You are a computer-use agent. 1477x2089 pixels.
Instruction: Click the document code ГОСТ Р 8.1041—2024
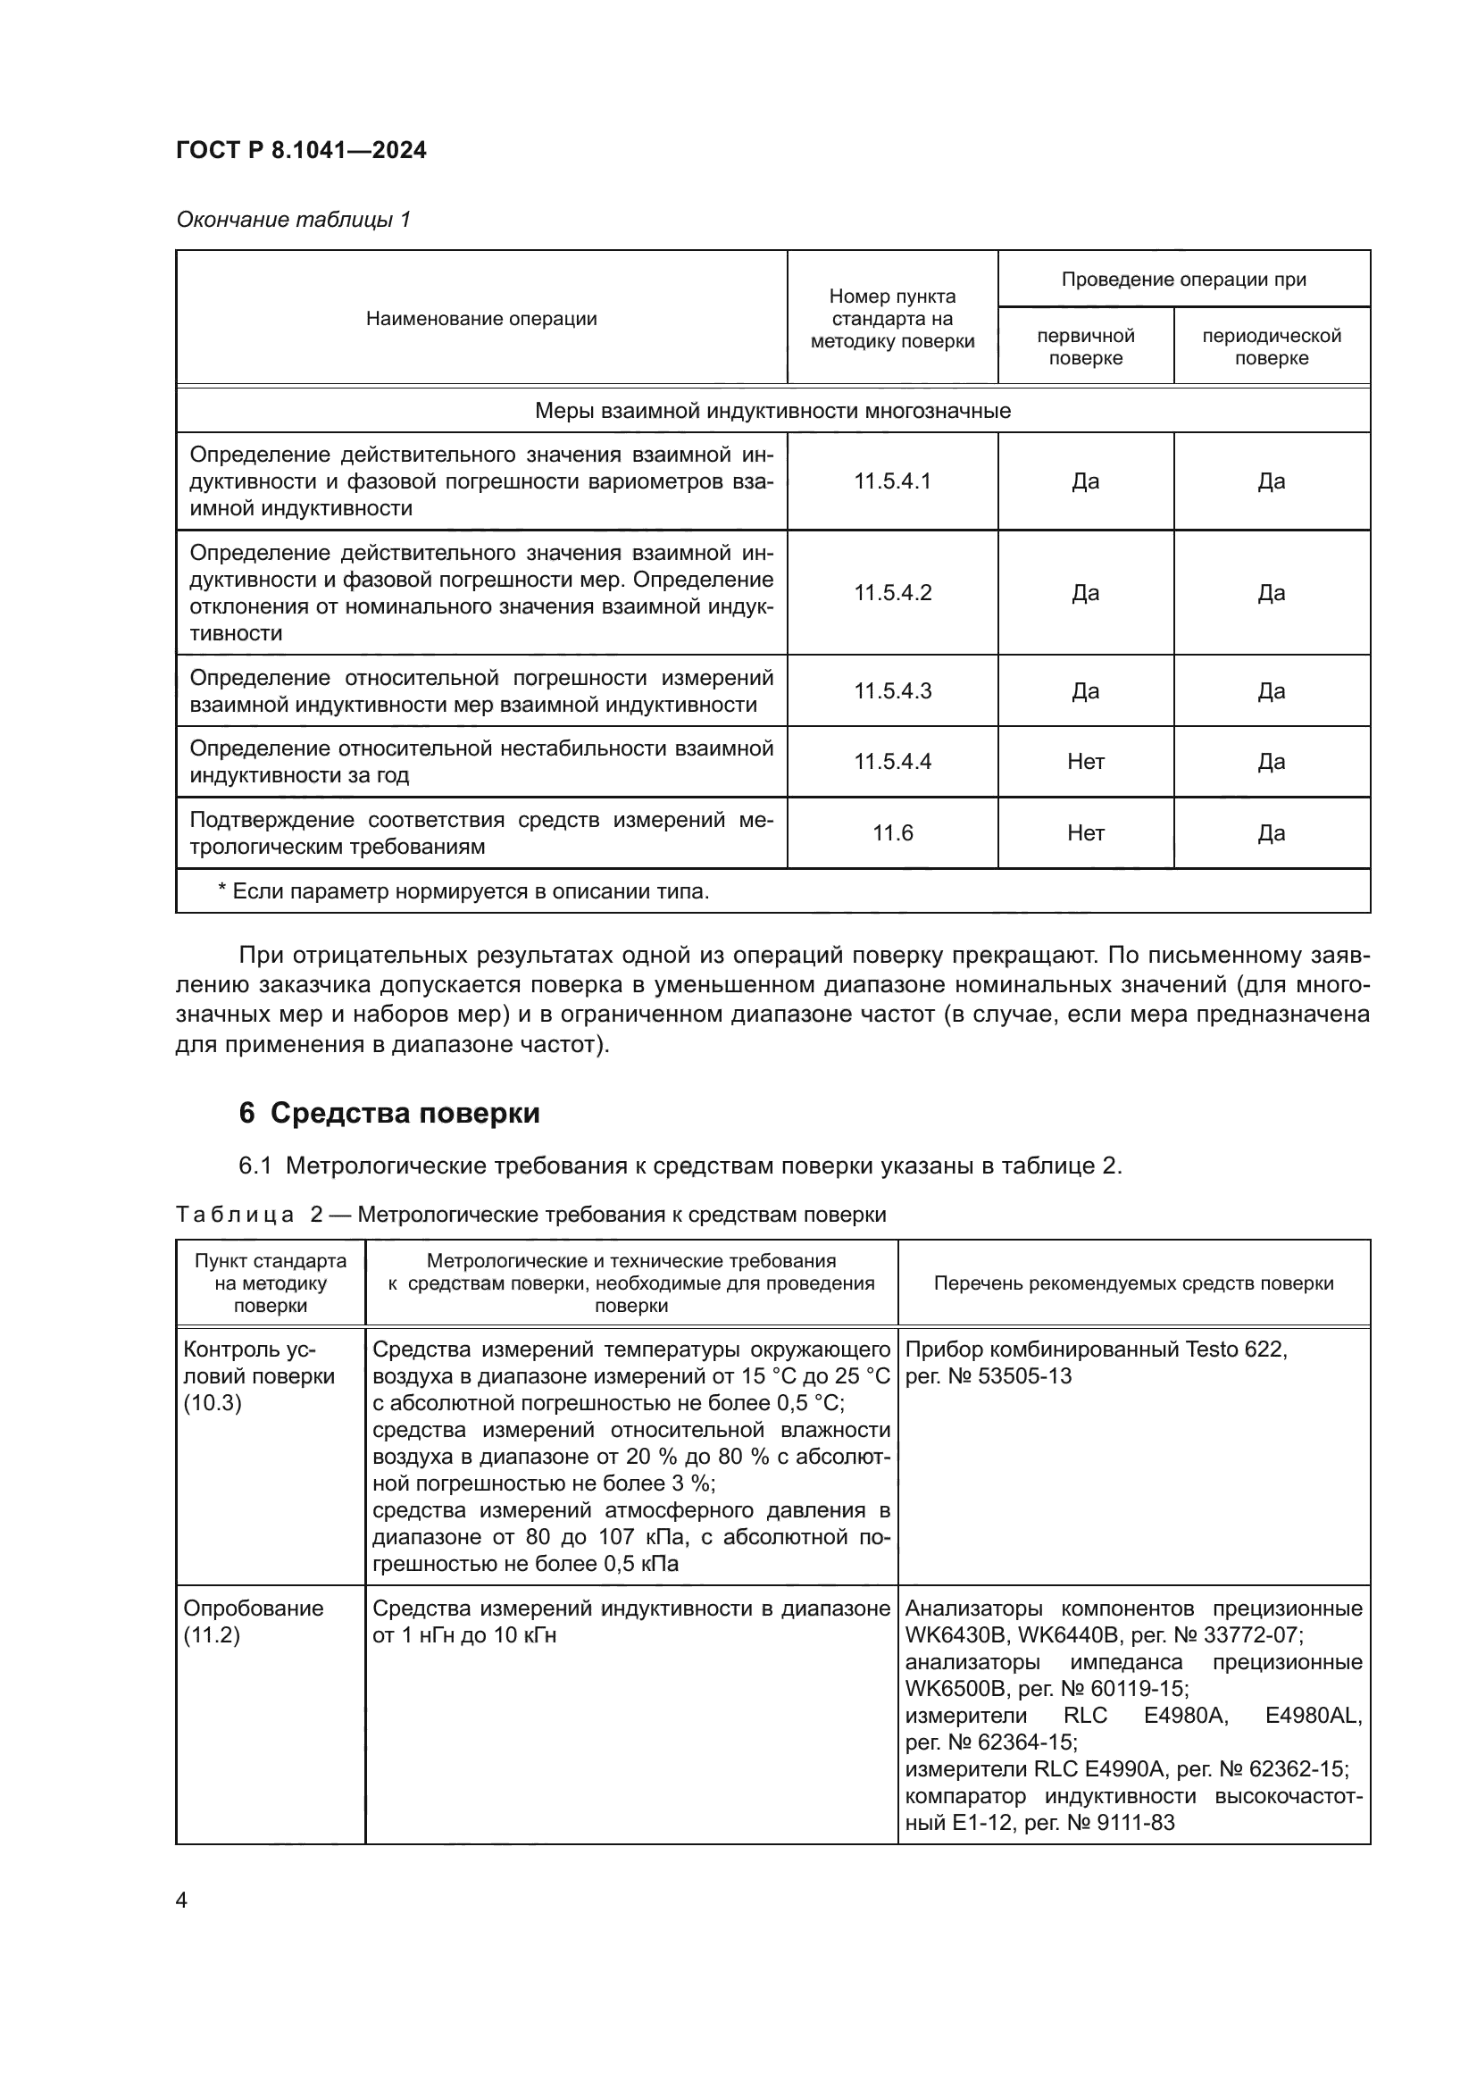(301, 150)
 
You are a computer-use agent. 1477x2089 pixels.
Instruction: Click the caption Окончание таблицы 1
(293, 220)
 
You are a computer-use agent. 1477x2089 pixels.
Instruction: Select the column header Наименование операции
(481, 319)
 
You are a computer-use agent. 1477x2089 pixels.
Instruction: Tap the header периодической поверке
(1271, 347)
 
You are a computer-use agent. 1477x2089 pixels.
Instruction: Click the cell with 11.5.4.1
(892, 481)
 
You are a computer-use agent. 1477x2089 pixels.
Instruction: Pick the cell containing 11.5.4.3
(892, 690)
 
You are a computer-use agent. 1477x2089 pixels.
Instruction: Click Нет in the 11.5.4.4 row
(1085, 762)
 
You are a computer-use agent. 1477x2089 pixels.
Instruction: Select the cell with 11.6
(892, 832)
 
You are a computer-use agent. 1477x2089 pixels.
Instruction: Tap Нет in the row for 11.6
(1085, 832)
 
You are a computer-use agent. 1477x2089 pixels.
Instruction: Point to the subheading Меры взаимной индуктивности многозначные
(772, 410)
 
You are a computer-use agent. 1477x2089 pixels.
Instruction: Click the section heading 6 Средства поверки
(389, 1113)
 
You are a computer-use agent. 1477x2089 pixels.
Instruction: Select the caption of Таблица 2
(530, 1215)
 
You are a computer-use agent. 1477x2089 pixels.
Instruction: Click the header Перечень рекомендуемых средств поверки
(1133, 1283)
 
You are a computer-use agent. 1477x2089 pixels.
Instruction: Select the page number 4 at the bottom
(181, 1900)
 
